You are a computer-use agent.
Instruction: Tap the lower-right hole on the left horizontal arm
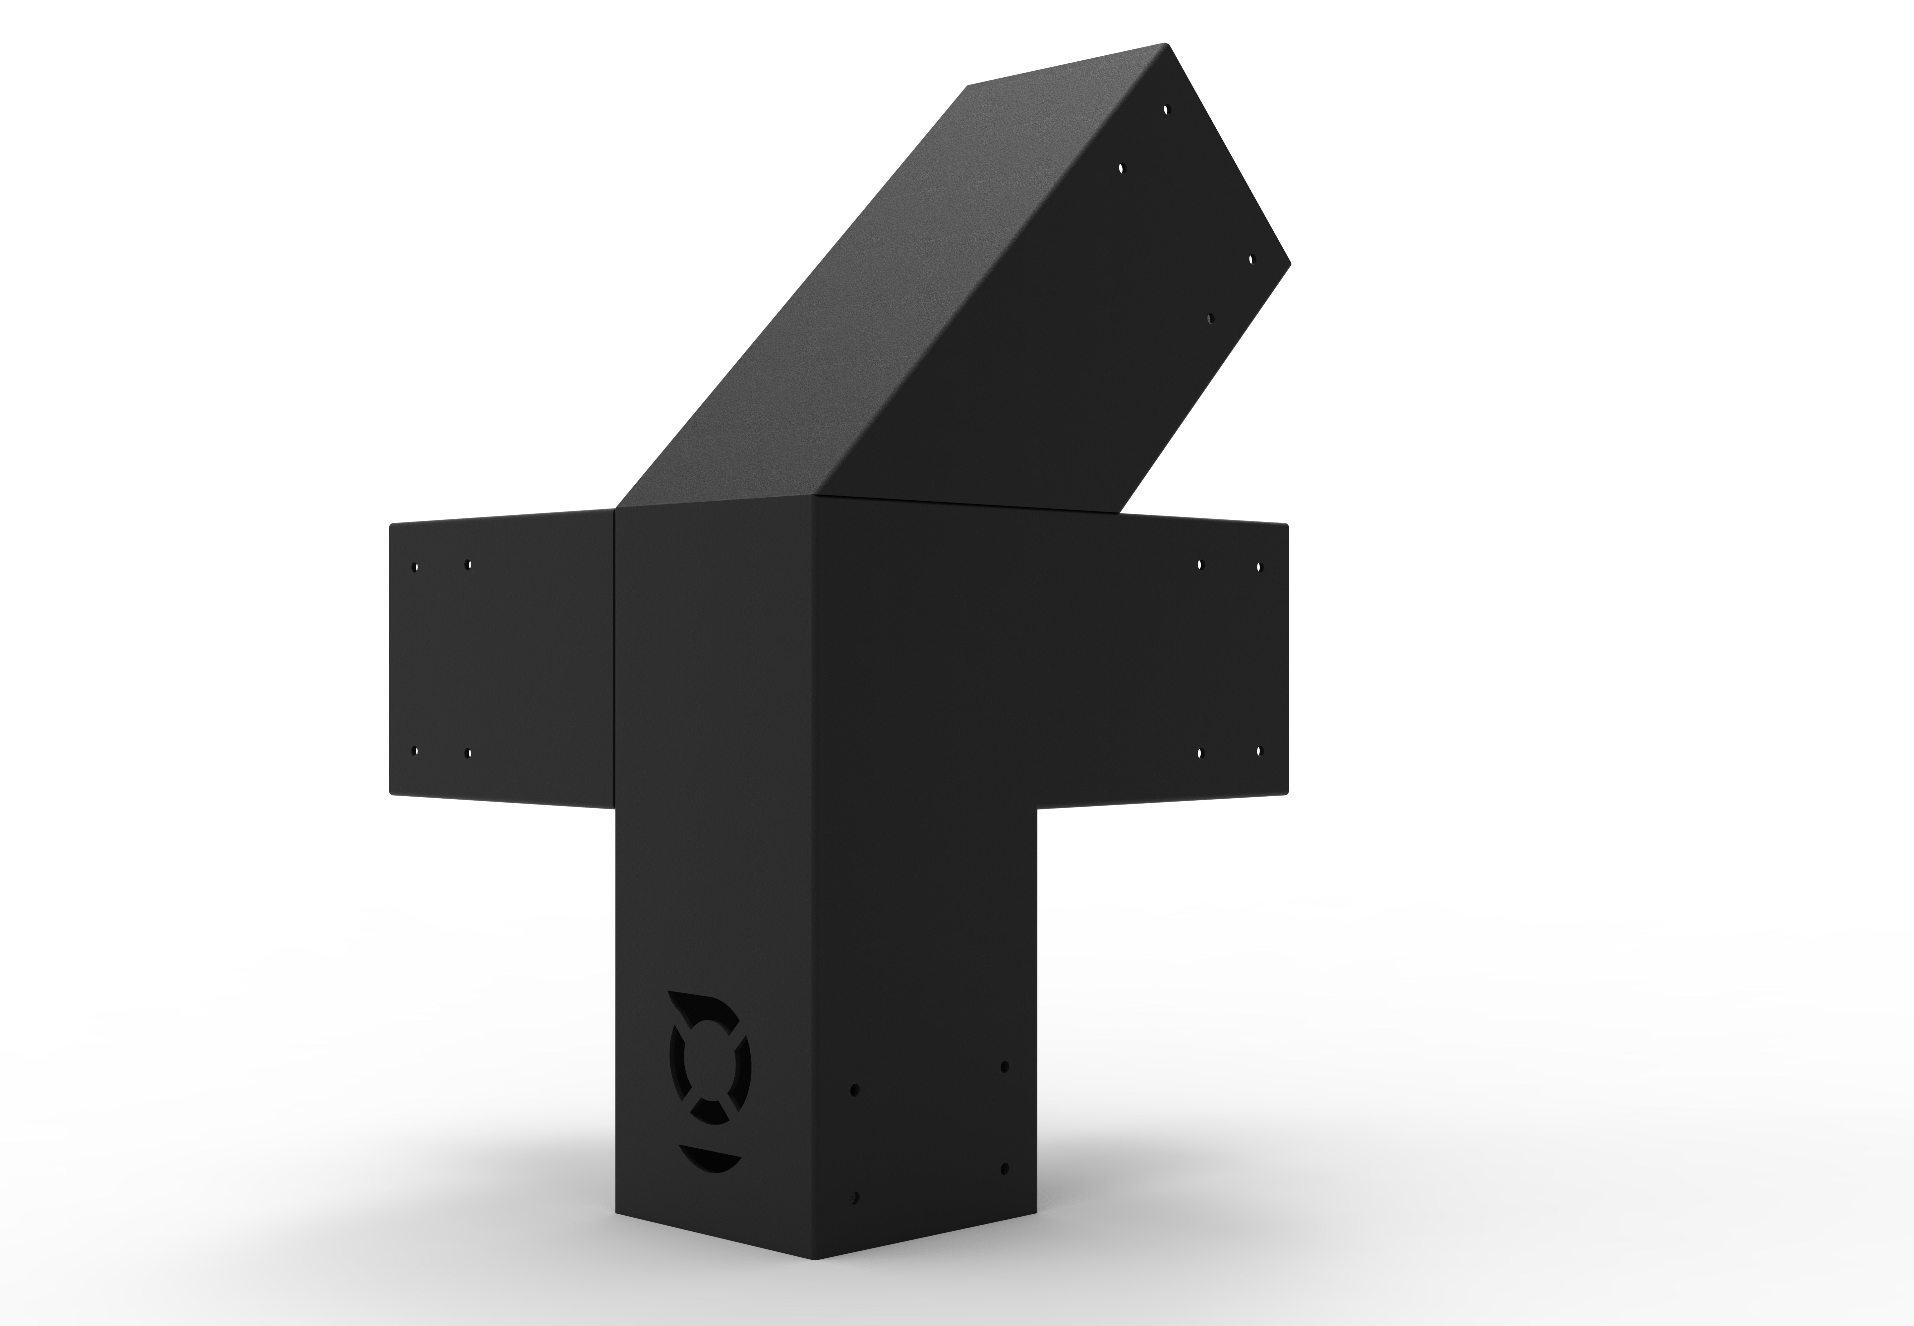click(x=469, y=754)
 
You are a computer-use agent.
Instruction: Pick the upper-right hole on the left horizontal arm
click(x=469, y=564)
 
